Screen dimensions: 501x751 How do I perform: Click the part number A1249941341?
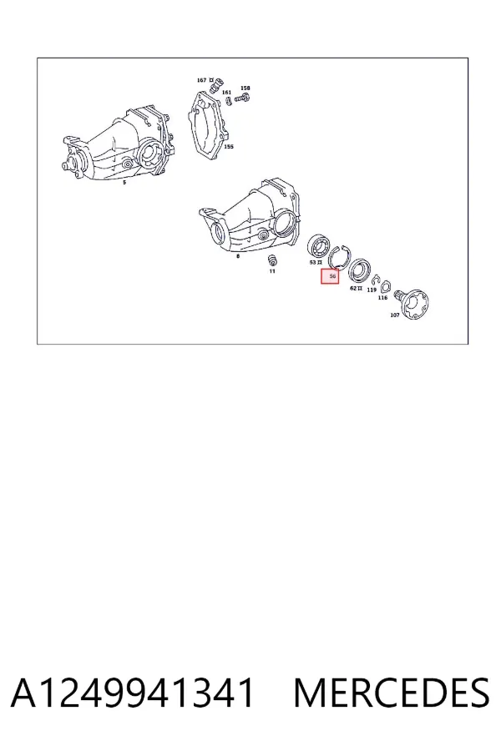pyautogui.click(x=132, y=693)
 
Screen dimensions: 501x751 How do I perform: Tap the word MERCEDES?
pyautogui.click(x=392, y=693)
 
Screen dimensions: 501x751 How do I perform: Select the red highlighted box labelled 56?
pyautogui.click(x=330, y=276)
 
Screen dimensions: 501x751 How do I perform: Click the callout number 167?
pyautogui.click(x=201, y=80)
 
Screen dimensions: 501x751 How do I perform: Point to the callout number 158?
pyautogui.click(x=245, y=88)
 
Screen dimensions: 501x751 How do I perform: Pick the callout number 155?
pyautogui.click(x=229, y=147)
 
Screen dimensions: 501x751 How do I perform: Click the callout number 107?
pyautogui.click(x=395, y=315)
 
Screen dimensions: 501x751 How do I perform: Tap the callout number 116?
pyautogui.click(x=382, y=298)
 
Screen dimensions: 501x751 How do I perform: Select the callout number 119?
pyautogui.click(x=372, y=290)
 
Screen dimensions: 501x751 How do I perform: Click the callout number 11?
pyautogui.click(x=272, y=271)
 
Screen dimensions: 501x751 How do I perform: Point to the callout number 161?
pyautogui.click(x=227, y=93)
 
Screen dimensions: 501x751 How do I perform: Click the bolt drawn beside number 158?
pyautogui.click(x=243, y=98)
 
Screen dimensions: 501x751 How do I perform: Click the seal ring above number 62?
pyautogui.click(x=359, y=271)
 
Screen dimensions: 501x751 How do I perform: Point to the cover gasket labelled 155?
pyautogui.click(x=210, y=124)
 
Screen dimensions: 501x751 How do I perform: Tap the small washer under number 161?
pyautogui.click(x=229, y=101)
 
